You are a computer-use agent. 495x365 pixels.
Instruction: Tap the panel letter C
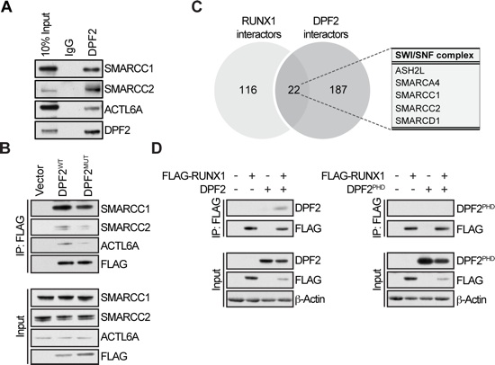pos(196,6)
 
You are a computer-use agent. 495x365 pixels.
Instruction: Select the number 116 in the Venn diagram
pos(248,90)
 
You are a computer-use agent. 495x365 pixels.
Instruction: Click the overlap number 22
pos(294,90)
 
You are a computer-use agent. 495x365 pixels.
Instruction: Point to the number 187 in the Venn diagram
pos(338,90)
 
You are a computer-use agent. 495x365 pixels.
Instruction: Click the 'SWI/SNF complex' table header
pos(435,55)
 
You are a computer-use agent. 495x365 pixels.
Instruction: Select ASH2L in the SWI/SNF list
pos(409,70)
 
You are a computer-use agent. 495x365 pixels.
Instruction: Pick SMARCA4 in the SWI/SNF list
pos(418,83)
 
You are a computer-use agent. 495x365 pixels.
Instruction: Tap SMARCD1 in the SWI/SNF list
pos(418,120)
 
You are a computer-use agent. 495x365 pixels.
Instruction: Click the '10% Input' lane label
pos(46,35)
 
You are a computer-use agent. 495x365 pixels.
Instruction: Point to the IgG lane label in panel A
pos(68,48)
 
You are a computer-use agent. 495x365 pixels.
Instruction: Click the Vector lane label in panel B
pos(40,181)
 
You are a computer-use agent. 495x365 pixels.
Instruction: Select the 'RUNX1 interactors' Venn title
pos(259,28)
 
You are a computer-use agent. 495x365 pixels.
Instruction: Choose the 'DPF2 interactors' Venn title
pos(326,28)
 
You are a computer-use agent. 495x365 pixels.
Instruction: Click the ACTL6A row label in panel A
pos(124,110)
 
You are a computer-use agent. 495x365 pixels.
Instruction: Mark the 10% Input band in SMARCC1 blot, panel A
pos(47,68)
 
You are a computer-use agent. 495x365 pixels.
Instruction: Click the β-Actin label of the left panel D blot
pos(310,298)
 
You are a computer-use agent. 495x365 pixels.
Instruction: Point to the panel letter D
pos(157,148)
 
